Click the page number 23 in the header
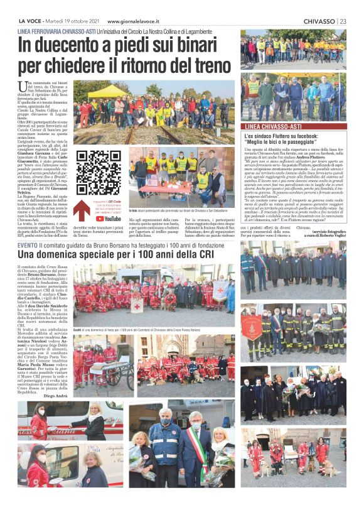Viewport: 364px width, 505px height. tap(343, 21)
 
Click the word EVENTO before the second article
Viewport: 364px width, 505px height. tap(28, 245)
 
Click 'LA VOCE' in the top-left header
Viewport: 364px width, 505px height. tap(31, 21)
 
